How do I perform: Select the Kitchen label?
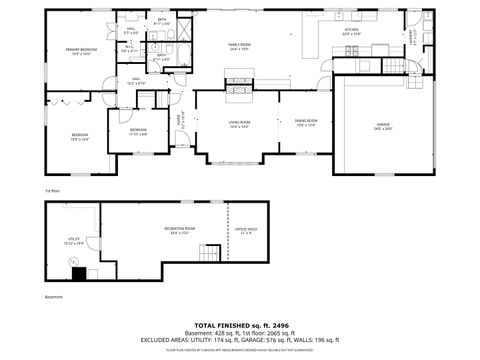[351, 31]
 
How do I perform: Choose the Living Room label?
[238, 123]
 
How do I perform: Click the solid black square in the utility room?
[90, 272]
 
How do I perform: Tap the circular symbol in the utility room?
[74, 262]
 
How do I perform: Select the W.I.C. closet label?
[128, 47]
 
